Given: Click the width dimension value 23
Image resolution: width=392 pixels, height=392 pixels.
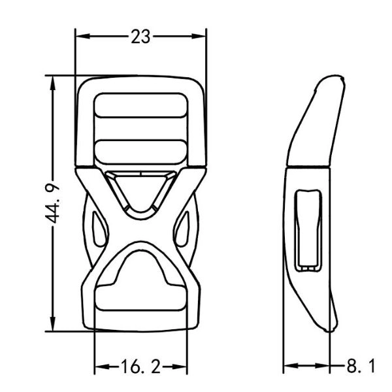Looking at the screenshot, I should coord(140,37).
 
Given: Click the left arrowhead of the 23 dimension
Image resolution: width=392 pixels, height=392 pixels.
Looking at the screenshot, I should coord(80,37).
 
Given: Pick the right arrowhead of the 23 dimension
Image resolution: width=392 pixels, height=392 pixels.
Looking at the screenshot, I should coord(202,37).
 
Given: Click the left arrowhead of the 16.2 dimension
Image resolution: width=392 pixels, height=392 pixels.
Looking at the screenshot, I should coord(99,366).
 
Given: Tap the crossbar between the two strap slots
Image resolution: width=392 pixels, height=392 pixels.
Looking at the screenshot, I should coord(140,129).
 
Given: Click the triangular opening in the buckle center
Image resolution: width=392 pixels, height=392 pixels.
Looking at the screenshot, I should coord(141,189).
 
